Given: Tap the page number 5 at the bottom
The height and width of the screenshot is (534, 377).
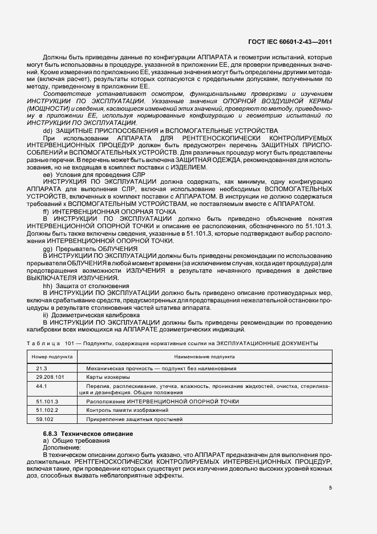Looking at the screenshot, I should [331, 487].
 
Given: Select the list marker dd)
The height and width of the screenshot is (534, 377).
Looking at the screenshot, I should [47, 131].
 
